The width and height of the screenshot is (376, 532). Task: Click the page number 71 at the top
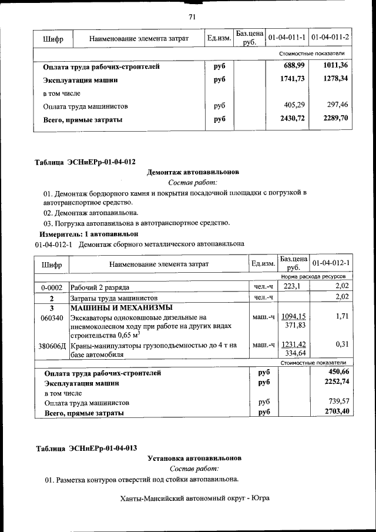coord(192,16)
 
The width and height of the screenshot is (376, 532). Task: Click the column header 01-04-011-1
coord(287,38)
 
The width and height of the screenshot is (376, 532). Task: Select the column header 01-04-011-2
coord(330,38)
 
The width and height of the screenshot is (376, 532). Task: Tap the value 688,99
coord(294,66)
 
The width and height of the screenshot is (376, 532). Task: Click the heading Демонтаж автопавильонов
coord(193,173)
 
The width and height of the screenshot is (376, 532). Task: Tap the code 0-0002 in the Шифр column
coord(52,287)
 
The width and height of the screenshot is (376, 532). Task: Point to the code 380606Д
coord(52,346)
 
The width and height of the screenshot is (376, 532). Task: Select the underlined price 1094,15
coord(293,316)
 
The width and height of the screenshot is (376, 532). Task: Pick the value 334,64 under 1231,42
coord(295,354)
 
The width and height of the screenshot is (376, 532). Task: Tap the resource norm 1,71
coord(342,316)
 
